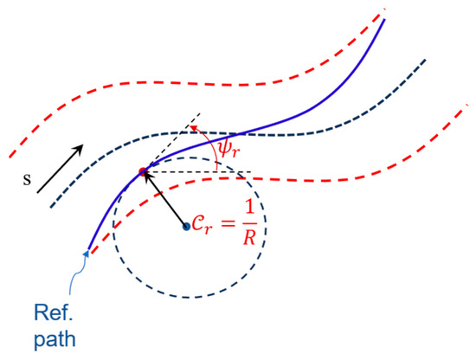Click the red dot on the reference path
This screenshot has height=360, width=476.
click(x=143, y=172)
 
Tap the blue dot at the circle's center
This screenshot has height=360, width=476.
click(x=186, y=227)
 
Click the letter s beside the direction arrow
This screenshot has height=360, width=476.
click(x=28, y=180)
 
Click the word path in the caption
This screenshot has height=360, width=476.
click(x=55, y=339)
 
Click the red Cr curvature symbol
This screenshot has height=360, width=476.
click(x=202, y=226)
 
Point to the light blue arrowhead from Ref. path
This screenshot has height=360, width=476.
click(x=87, y=254)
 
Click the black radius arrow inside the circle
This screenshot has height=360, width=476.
click(x=164, y=199)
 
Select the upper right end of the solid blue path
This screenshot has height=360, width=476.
click(x=384, y=19)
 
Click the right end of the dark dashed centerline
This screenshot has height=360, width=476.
click(x=425, y=60)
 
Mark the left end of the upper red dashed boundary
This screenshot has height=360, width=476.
click(x=10, y=157)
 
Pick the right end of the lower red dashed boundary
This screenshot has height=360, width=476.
click(x=468, y=105)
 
